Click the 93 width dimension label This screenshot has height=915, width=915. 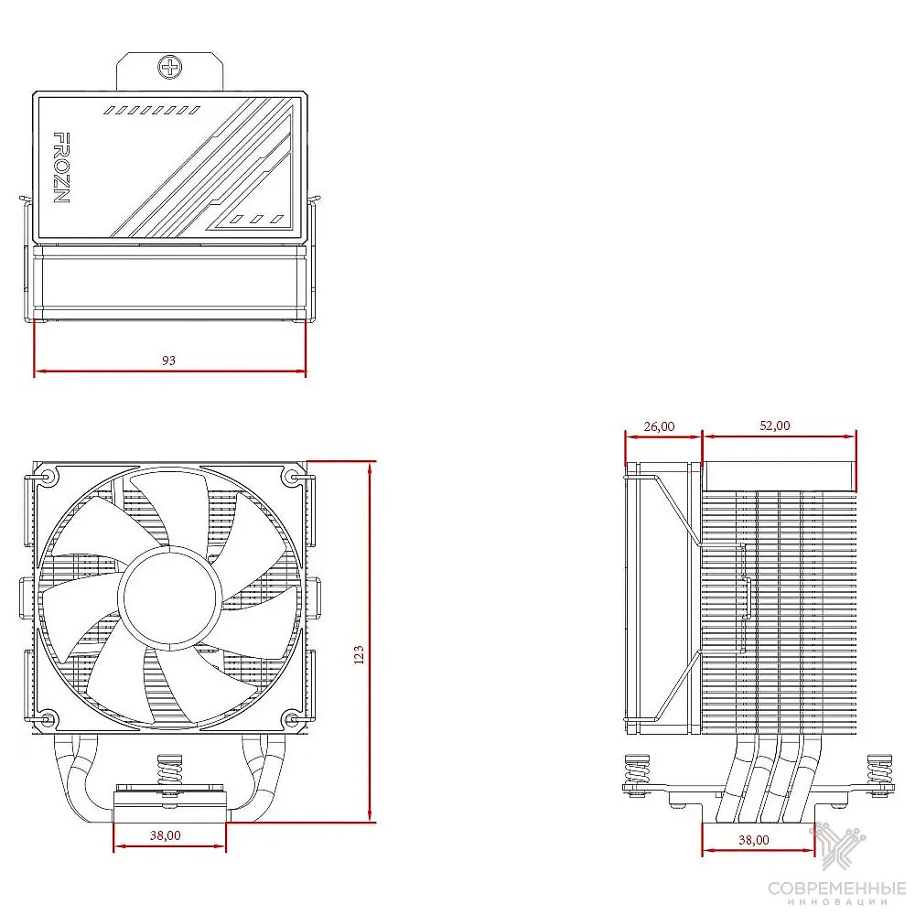tap(168, 360)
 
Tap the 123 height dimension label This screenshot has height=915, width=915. tap(359, 654)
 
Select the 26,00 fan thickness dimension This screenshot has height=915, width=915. tap(660, 426)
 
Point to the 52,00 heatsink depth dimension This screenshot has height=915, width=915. tap(775, 425)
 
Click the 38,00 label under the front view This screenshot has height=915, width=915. tap(165, 835)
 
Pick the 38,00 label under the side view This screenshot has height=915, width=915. tap(754, 840)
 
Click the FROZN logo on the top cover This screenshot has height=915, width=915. tap(61, 168)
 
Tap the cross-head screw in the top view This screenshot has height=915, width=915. tap(170, 67)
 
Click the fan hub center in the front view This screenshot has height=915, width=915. tap(170, 597)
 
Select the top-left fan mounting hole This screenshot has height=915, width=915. tap(48, 478)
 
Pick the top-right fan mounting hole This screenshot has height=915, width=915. tap(291, 478)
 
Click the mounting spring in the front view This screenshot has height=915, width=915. tap(170, 770)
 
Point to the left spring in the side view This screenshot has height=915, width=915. tap(638, 770)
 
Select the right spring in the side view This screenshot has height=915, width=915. tap(879, 770)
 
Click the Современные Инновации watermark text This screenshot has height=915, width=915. tap(837, 893)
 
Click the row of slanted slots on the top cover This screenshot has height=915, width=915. tap(152, 110)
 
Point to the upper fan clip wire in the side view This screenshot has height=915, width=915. tap(677, 508)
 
